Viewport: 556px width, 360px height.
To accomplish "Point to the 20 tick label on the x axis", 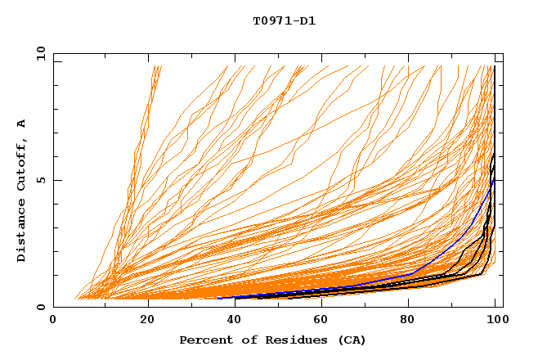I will pos(148,320).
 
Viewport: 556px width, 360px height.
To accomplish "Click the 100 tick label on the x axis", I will pos(495,320).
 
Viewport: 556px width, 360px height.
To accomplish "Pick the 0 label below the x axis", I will pos(54,320).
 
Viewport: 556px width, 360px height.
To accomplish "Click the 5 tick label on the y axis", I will pos(41,180).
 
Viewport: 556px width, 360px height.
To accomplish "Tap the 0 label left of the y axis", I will pos(41,307).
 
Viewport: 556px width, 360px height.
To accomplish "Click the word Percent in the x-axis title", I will pos(203,340).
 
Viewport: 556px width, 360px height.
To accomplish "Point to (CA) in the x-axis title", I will pos(351,340).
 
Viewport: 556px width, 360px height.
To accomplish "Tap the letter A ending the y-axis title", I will pos(21,124).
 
